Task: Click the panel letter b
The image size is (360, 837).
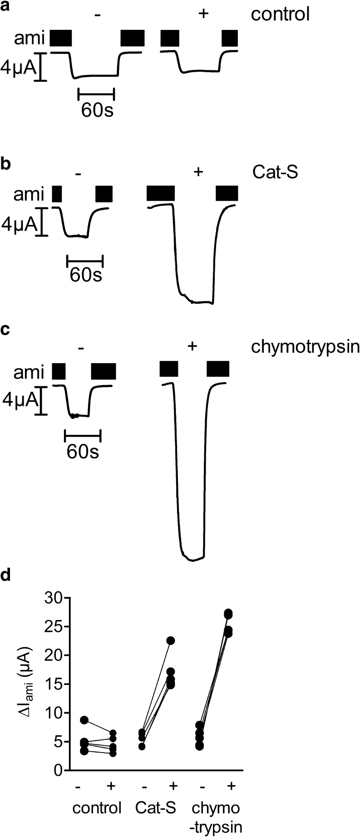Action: point(5,164)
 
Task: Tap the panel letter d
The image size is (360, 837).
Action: point(5,575)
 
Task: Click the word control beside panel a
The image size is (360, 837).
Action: point(280,14)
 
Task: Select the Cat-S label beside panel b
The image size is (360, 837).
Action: point(275,172)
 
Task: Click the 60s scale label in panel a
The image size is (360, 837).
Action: point(97,110)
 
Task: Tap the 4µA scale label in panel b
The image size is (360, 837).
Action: point(19,223)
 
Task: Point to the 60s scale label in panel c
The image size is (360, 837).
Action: point(83,452)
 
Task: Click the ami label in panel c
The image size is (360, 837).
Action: point(29,373)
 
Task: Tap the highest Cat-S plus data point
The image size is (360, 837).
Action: point(171,640)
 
